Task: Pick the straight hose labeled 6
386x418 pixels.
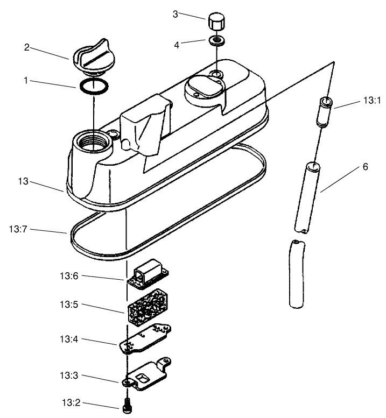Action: pyautogui.click(x=307, y=198)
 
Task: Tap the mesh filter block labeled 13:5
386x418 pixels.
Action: pyautogui.click(x=148, y=307)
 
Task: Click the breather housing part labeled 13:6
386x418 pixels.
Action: pyautogui.click(x=148, y=274)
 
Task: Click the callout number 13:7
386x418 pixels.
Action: pyautogui.click(x=18, y=229)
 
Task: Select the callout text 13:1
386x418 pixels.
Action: pyautogui.click(x=372, y=101)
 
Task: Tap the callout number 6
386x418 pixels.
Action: pyautogui.click(x=365, y=167)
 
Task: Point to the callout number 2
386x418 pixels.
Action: pyautogui.click(x=27, y=47)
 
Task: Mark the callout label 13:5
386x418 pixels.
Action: pyautogui.click(x=69, y=304)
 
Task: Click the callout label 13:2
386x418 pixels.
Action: pyautogui.click(x=71, y=402)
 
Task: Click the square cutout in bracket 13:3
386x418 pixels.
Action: pyautogui.click(x=142, y=378)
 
